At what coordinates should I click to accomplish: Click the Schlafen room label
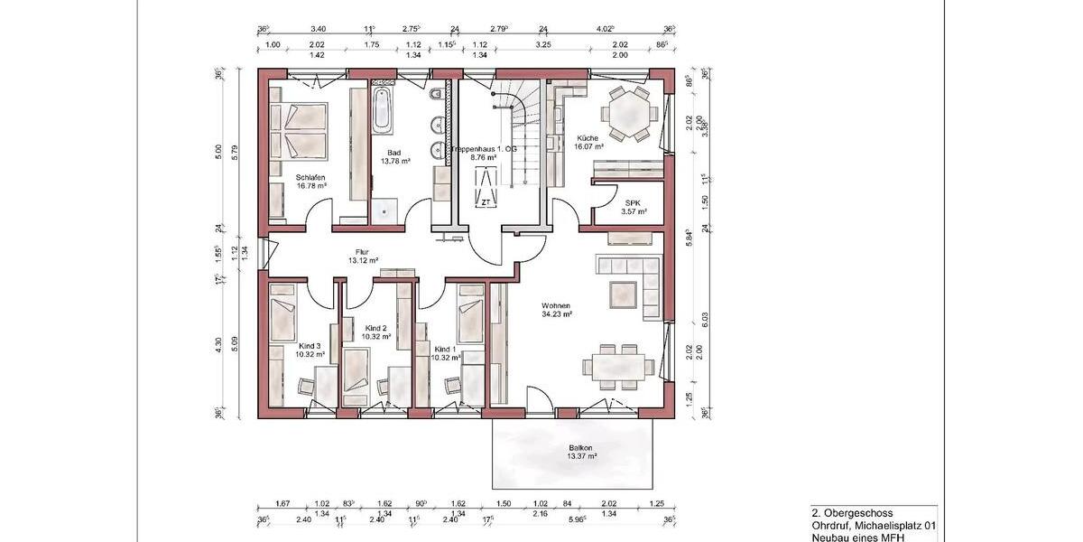coord(310,177)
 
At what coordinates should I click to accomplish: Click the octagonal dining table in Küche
coord(627,114)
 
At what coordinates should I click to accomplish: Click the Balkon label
coord(581,447)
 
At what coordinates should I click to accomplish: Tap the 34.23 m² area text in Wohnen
coord(558,314)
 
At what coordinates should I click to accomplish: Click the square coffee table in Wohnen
coord(624,294)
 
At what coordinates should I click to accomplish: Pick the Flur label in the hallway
coord(363,253)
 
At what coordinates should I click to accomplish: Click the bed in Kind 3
coord(283,315)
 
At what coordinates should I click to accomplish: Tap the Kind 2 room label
coord(376,328)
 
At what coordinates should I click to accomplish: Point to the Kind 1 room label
coord(445,349)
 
